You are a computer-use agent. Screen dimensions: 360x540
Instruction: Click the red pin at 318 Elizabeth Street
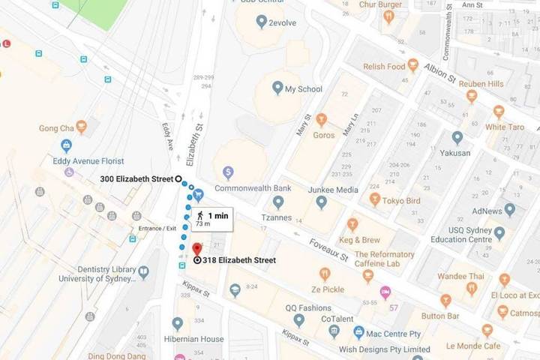click(197, 249)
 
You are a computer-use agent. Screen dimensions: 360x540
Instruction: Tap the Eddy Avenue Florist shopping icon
click(67, 145)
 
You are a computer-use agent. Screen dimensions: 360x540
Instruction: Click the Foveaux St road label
click(329, 250)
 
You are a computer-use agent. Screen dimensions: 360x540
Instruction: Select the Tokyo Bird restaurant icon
click(375, 199)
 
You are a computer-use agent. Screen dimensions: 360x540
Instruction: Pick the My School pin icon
click(277, 89)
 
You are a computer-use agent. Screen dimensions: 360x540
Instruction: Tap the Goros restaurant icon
click(321, 118)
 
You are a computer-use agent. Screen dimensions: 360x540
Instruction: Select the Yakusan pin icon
click(457, 137)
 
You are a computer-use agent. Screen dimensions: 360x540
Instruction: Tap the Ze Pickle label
click(328, 289)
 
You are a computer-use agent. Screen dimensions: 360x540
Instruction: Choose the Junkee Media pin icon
click(321, 202)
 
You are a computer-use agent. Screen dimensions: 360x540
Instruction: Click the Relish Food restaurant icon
click(412, 66)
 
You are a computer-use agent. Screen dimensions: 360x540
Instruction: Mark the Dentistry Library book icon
click(143, 273)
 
